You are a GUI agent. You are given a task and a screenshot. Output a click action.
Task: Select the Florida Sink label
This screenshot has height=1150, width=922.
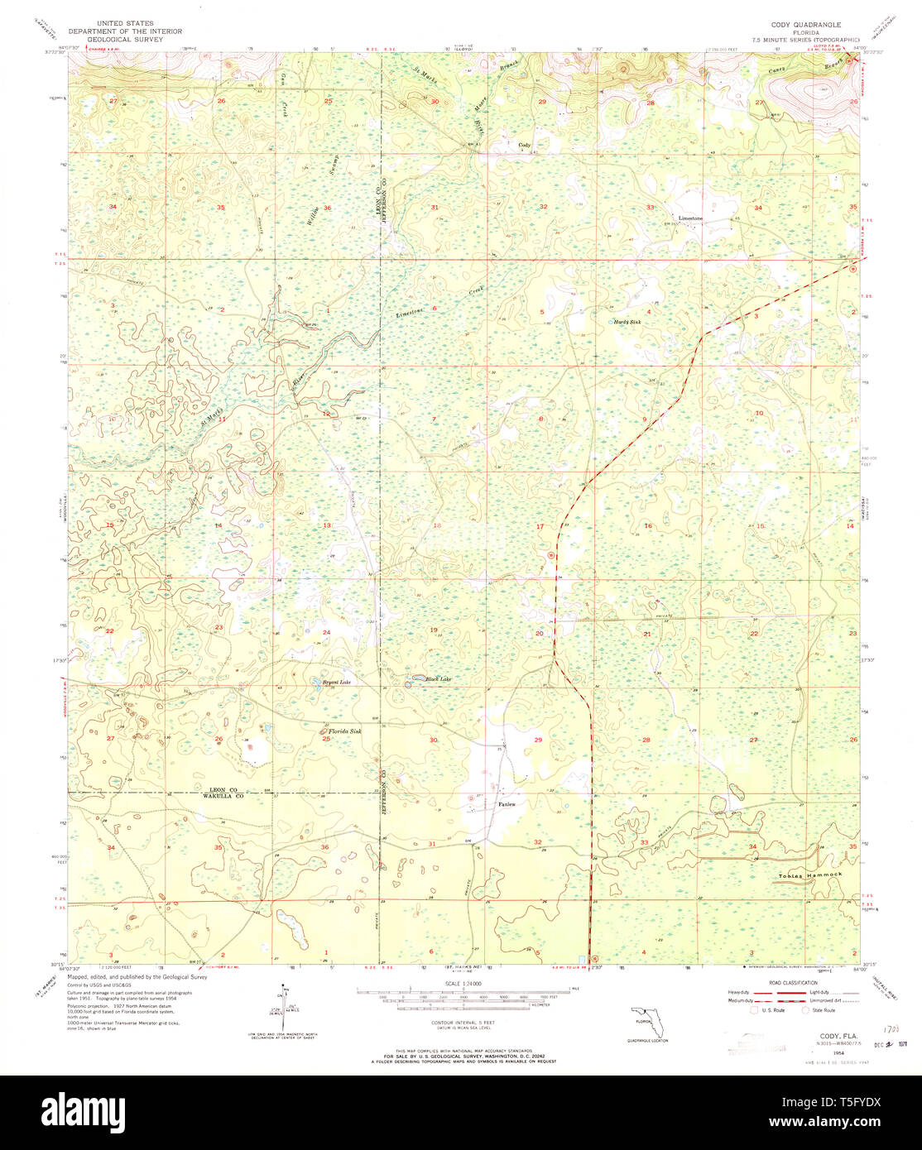tap(345, 731)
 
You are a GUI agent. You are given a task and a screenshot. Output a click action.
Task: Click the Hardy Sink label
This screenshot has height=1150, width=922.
tap(627, 322)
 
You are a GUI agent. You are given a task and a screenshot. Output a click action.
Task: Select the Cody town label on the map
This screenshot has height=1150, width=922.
tap(523, 145)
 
